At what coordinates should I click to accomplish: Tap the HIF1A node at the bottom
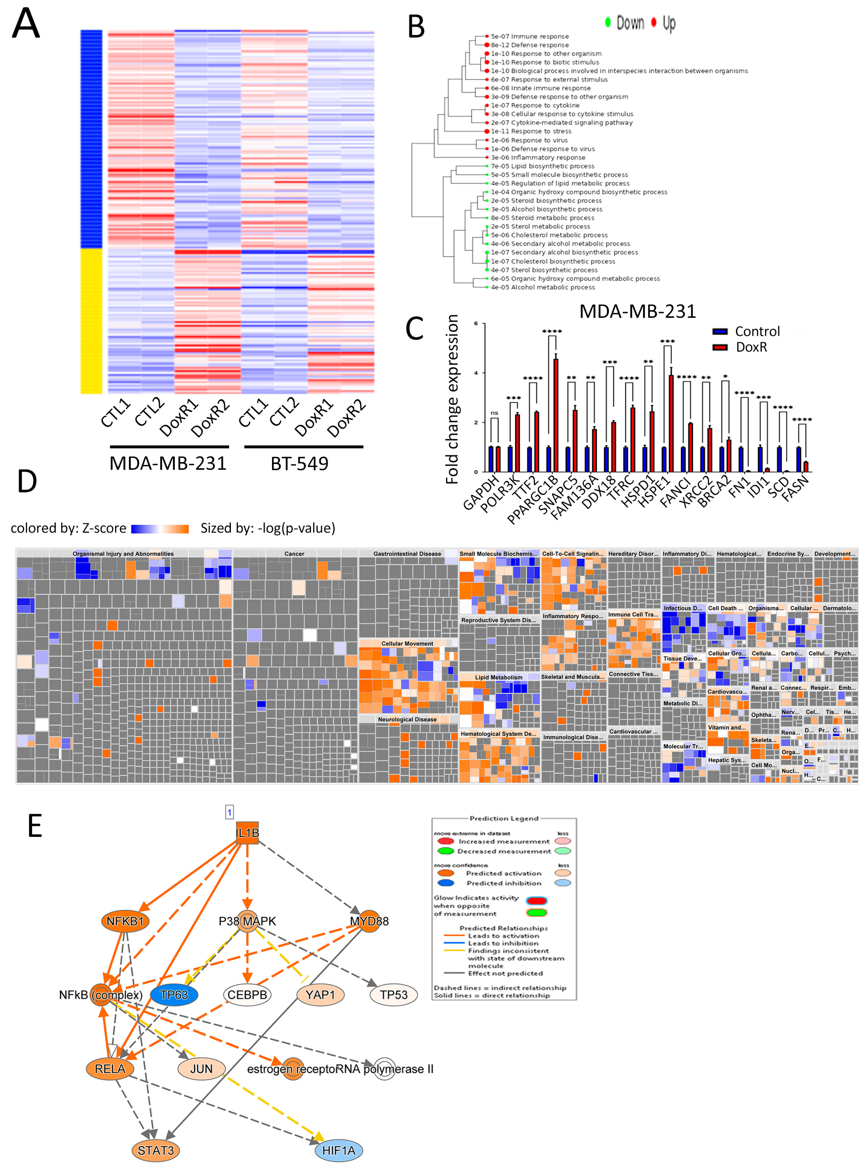(339, 1151)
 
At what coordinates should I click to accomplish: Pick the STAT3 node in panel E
(156, 1151)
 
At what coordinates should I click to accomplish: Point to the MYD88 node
(369, 921)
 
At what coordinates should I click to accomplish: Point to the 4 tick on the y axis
(476, 373)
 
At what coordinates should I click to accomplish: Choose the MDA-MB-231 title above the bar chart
(638, 311)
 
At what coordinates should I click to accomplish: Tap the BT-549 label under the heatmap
(299, 463)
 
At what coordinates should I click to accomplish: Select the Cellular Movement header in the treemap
(407, 643)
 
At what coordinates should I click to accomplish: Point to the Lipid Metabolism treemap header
(498, 677)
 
